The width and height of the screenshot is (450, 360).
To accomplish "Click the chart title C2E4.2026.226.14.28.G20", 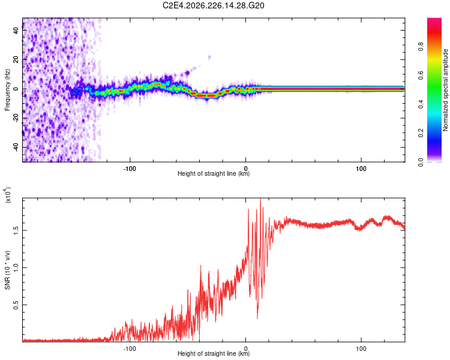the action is tap(213, 5).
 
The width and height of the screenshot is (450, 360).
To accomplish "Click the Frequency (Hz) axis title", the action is tap(7, 90).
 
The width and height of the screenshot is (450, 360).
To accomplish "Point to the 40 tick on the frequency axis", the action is tap(16, 30).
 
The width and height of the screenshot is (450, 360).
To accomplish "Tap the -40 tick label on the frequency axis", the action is tap(16, 148).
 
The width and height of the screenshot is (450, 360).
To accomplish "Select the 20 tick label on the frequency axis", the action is tap(16, 59).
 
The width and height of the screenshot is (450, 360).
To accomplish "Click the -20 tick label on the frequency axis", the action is tap(16, 118).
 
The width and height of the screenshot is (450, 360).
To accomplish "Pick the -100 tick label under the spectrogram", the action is tap(130, 169).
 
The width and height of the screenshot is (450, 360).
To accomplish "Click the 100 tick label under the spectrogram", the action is tap(361, 169).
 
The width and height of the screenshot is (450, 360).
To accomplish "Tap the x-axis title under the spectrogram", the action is tap(214, 173).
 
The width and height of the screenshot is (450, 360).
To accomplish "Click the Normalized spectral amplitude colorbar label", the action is tap(445, 90).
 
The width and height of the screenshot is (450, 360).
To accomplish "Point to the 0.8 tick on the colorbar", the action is tap(421, 46).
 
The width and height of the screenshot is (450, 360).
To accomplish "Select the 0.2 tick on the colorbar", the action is tap(421, 133).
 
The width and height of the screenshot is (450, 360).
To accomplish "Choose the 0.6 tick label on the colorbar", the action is tap(421, 75).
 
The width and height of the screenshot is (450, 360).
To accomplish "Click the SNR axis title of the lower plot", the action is tap(7, 270).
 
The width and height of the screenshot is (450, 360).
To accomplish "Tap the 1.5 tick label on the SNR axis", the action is tap(16, 230).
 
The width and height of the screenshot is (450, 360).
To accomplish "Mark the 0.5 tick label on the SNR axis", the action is tap(16, 305).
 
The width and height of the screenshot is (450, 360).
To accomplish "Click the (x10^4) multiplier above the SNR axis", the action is tap(8, 195).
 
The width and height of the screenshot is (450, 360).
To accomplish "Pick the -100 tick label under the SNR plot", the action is tap(130, 349).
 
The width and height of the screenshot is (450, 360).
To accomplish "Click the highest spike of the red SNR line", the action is tap(260, 199).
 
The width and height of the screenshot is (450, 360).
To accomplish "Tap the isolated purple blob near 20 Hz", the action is tap(209, 58).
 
